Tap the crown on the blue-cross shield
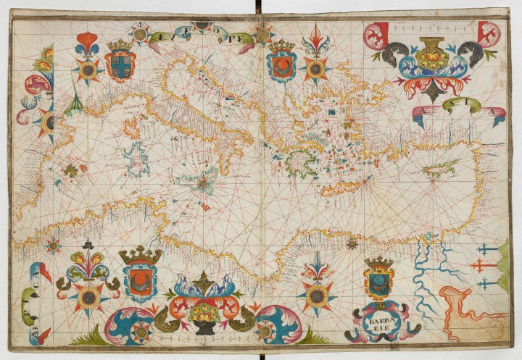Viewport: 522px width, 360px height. point(120,45)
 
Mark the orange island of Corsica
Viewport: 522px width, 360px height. point(132,128)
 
